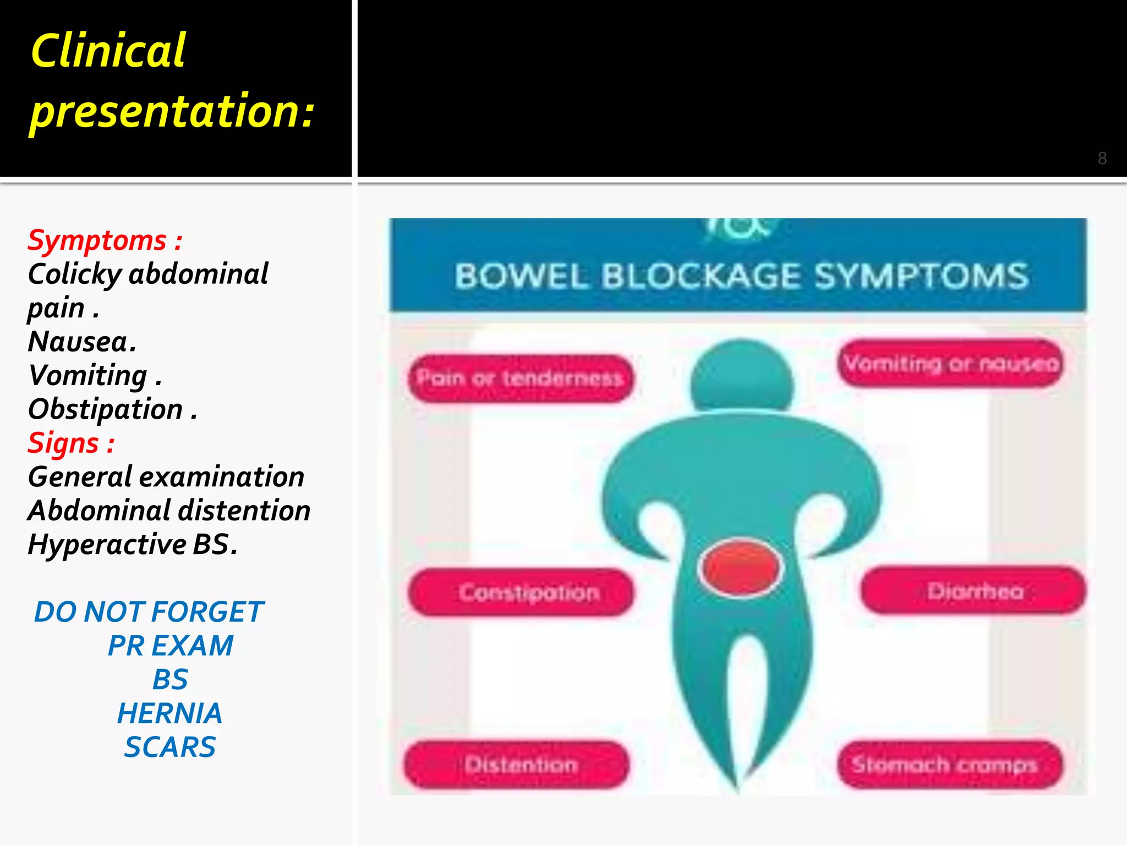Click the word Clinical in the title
tap(108, 51)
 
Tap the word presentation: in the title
tap(172, 111)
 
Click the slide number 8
tap(1102, 158)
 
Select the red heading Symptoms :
tap(105, 240)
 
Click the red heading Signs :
tap(71, 443)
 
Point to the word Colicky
tap(74, 274)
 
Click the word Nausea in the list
tap(78, 342)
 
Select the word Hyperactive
tap(107, 545)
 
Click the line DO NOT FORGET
tap(149, 612)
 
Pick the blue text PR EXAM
tap(171, 646)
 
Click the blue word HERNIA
tap(169, 714)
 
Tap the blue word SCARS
tap(170, 747)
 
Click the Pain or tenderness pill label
tap(520, 378)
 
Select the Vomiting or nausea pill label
tap(951, 364)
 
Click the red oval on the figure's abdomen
tap(740, 568)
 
